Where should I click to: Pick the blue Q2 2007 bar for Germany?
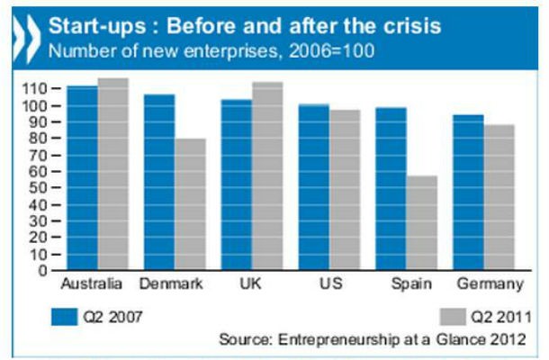(x=469, y=193)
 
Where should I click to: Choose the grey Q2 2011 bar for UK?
(x=267, y=176)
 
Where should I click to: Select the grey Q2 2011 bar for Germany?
(x=499, y=197)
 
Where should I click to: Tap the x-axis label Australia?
(x=91, y=285)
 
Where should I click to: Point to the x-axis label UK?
(x=252, y=285)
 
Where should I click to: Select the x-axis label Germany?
(x=490, y=285)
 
